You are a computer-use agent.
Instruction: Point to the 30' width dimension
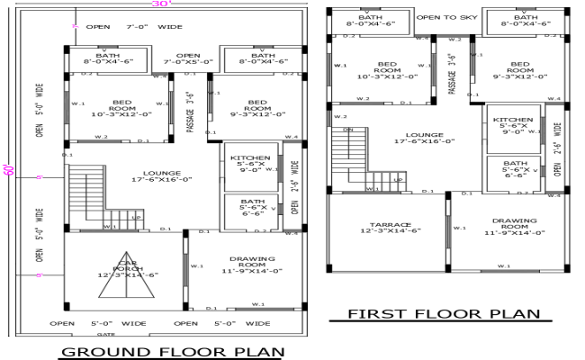pos(161,4)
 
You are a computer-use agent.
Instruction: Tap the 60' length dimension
pos(9,169)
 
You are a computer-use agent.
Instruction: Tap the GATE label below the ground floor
pos(161,333)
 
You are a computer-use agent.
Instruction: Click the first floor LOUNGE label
pos(416,137)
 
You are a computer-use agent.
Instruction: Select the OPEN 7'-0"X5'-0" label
pos(188,58)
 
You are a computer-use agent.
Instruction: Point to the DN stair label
pos(349,131)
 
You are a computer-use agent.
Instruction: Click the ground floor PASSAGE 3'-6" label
pos(189,112)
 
